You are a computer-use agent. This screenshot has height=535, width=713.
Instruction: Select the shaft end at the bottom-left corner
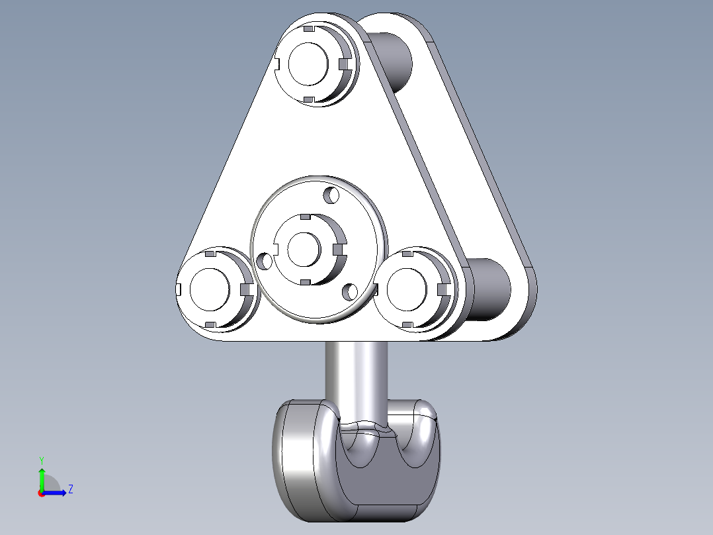click(x=209, y=289)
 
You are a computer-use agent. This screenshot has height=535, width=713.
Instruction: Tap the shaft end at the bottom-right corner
click(x=406, y=289)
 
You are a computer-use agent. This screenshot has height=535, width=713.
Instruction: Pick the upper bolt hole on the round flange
click(x=330, y=195)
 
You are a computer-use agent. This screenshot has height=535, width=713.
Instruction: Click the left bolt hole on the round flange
click(x=265, y=261)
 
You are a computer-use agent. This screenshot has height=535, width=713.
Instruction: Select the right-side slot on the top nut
click(x=343, y=64)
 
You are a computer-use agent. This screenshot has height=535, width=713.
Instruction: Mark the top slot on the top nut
click(x=308, y=30)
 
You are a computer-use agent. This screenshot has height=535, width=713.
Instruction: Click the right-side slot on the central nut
click(x=339, y=249)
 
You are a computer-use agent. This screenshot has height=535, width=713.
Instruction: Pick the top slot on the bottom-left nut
click(x=210, y=254)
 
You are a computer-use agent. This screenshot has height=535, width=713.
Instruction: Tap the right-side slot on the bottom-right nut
click(x=442, y=289)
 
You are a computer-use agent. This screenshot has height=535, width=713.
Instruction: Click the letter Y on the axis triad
click(x=41, y=460)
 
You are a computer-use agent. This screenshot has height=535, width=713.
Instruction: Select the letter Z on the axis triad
click(x=70, y=490)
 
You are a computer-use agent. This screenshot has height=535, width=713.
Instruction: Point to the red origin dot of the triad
click(x=41, y=493)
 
